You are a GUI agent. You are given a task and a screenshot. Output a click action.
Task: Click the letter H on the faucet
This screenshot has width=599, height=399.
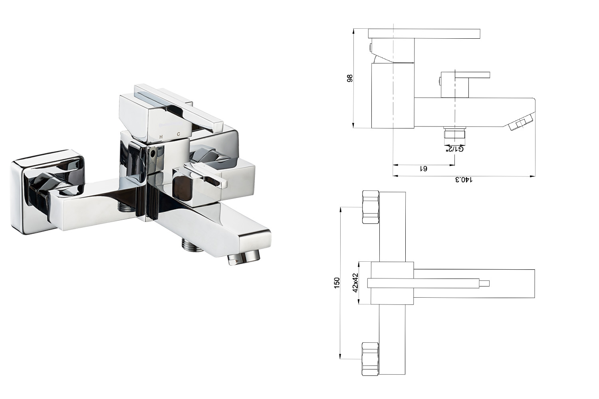(x=161, y=137)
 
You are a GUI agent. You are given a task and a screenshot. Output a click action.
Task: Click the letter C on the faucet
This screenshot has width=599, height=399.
(x=179, y=134)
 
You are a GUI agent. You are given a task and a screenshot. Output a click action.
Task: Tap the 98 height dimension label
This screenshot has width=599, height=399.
(x=350, y=78)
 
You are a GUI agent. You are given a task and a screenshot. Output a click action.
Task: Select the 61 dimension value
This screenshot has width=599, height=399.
(x=424, y=169)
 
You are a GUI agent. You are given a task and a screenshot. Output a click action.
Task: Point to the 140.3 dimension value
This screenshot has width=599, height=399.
(x=464, y=180)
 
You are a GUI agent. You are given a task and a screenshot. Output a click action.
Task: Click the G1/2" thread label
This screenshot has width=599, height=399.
(x=454, y=149)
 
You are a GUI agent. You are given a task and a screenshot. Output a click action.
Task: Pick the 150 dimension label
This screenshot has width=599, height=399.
(x=337, y=283)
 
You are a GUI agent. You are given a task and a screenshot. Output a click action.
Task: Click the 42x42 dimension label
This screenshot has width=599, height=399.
(x=355, y=283)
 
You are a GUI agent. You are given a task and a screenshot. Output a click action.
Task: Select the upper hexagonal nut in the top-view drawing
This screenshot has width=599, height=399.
(x=371, y=207)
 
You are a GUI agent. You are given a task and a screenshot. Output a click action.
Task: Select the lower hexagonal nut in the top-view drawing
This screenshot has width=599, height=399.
(x=370, y=359)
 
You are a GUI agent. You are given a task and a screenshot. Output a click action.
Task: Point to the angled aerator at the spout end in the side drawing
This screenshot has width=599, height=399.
(x=522, y=122)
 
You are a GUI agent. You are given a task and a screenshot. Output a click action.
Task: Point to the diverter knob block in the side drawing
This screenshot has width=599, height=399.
(x=455, y=85)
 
